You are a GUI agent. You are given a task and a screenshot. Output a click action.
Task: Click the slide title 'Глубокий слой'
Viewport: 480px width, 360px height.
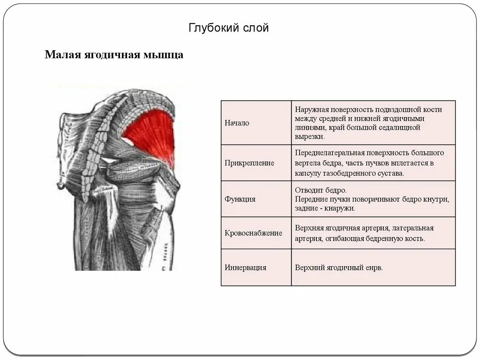coord(228,29)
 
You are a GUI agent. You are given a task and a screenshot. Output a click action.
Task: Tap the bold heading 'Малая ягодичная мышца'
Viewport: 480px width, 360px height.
coord(114,55)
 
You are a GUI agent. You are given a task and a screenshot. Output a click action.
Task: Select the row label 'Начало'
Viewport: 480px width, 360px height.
coord(237,123)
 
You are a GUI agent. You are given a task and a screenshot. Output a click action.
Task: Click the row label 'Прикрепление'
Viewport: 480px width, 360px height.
coord(249,163)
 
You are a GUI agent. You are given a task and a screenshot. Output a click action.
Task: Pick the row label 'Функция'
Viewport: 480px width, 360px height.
coord(240,199)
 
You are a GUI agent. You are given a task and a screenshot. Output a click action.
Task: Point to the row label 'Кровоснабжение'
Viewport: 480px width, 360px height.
coord(254,233)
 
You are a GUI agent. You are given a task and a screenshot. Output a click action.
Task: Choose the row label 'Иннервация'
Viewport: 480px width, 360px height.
coord(246,268)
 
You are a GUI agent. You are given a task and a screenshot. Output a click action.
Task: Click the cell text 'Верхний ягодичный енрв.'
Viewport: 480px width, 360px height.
coord(339,268)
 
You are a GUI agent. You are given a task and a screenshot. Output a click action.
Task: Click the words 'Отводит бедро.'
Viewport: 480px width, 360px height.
coord(321,190)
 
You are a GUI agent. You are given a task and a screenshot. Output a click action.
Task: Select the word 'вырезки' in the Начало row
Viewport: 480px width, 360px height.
coord(308,136)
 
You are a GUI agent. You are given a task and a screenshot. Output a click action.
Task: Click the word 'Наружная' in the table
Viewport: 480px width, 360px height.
coord(310,109)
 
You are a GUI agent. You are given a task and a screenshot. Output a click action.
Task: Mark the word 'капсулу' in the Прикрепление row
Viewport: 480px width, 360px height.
coord(309,172)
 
